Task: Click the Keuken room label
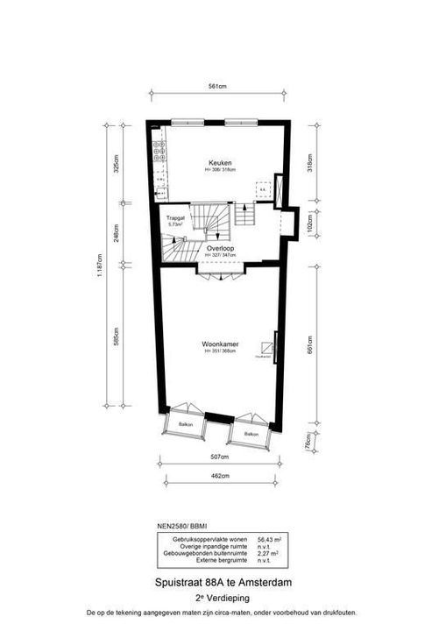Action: pos(218,163)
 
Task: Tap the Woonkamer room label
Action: pos(219,344)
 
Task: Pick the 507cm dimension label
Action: pos(219,457)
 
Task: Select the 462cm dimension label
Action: pos(219,477)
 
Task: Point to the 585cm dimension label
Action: pos(117,337)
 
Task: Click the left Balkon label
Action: pos(186,424)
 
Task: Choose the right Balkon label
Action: pos(251,435)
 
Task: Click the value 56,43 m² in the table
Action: pos(268,540)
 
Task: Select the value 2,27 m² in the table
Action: pos(268,554)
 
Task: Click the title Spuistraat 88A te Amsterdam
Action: pos(221,582)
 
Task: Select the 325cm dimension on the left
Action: pos(117,165)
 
